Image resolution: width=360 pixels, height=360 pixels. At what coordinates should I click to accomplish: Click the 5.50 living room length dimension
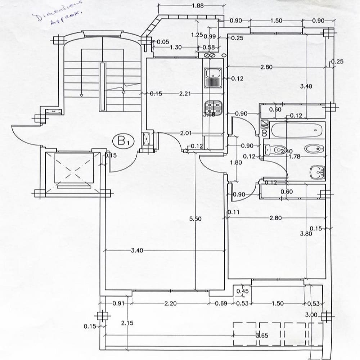click(x=195, y=219)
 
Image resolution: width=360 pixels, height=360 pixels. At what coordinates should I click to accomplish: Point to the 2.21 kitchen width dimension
click(x=185, y=94)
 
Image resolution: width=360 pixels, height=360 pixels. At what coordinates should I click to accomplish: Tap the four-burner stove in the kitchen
click(x=214, y=107)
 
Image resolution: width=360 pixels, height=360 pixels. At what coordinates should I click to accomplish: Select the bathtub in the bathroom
click(x=296, y=130)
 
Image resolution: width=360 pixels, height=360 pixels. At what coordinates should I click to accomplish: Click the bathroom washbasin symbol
click(x=317, y=171)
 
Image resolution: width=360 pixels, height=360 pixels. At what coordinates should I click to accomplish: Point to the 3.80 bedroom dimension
click(x=306, y=233)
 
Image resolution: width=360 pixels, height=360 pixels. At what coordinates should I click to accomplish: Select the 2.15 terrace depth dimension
click(x=127, y=323)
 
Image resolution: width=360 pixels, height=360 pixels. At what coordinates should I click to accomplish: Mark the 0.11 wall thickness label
click(x=234, y=212)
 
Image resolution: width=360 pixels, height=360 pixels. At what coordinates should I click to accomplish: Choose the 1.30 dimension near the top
click(x=176, y=48)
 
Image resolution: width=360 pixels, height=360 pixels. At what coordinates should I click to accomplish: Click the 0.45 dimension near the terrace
click(x=243, y=291)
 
